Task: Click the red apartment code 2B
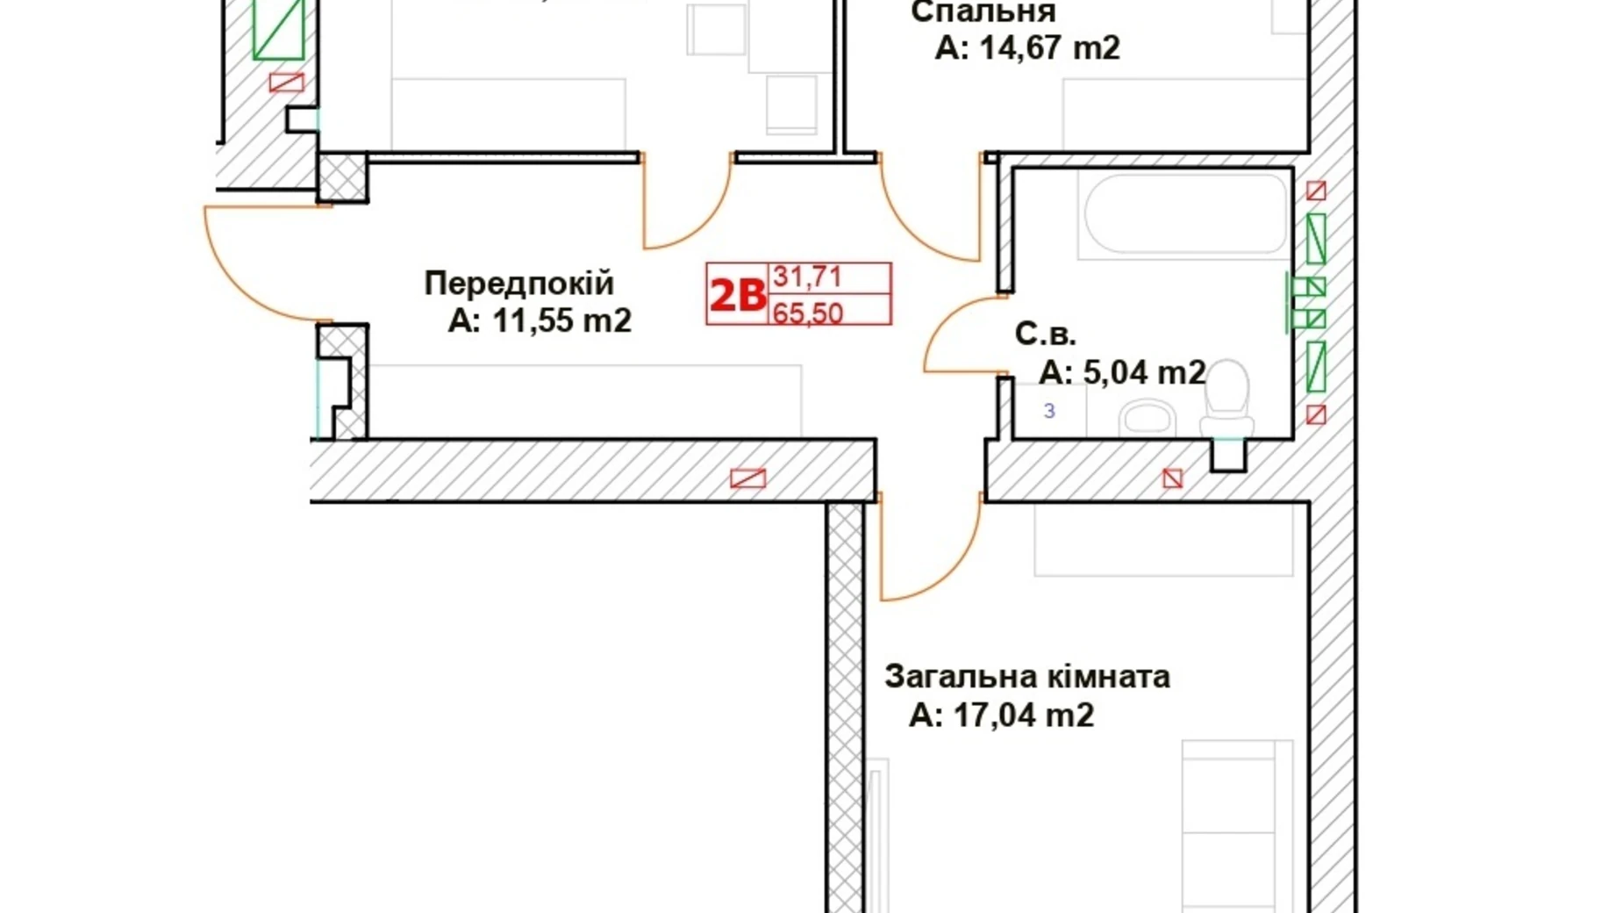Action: click(x=737, y=295)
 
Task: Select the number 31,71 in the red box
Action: click(x=807, y=277)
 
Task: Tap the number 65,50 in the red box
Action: click(x=807, y=313)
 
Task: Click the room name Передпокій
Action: click(x=518, y=284)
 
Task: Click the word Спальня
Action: click(x=983, y=12)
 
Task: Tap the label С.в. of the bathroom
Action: click(x=1045, y=334)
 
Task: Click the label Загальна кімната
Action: click(x=1026, y=677)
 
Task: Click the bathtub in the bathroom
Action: click(x=1185, y=214)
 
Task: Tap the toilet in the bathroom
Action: click(x=1226, y=400)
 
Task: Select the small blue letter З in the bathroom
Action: click(x=1049, y=411)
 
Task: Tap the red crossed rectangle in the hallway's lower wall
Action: click(x=747, y=478)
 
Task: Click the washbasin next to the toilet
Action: click(x=1147, y=418)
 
